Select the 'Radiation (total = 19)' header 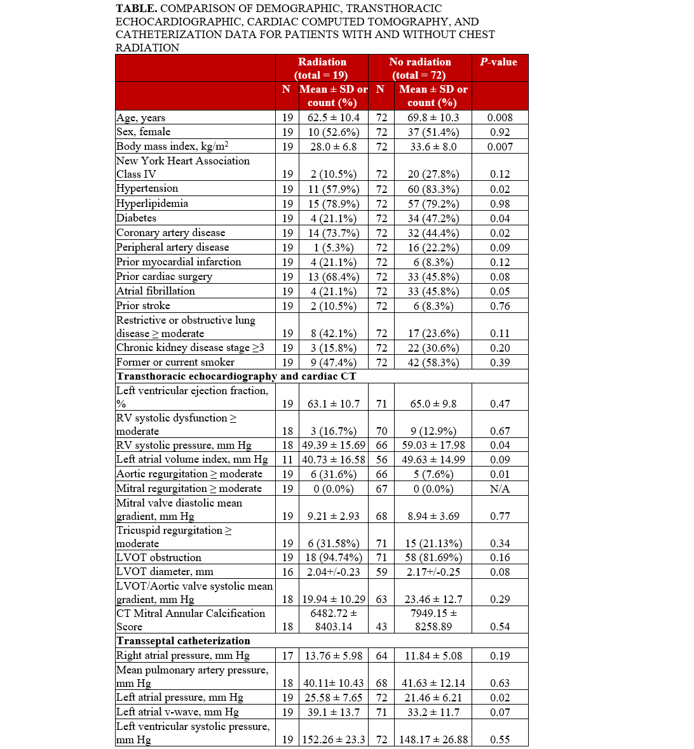pos(322,68)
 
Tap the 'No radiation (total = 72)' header pos(420,68)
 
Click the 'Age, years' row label pos(140,117)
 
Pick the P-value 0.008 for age pos(500,117)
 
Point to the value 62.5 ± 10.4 pos(333,117)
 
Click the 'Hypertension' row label pos(147,189)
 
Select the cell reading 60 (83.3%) pos(432,189)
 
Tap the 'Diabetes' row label pos(136,218)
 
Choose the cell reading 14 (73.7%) pos(333,232)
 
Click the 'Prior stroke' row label pos(143,305)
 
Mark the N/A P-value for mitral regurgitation pos(500,489)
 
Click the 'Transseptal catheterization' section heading pos(183,640)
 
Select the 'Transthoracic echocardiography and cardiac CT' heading pos(236,376)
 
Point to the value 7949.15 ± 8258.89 pos(432,620)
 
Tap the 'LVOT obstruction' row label pos(158,557)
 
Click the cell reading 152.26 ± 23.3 pos(333,739)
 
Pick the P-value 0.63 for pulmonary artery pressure pos(500,683)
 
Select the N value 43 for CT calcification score pos(381,626)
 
